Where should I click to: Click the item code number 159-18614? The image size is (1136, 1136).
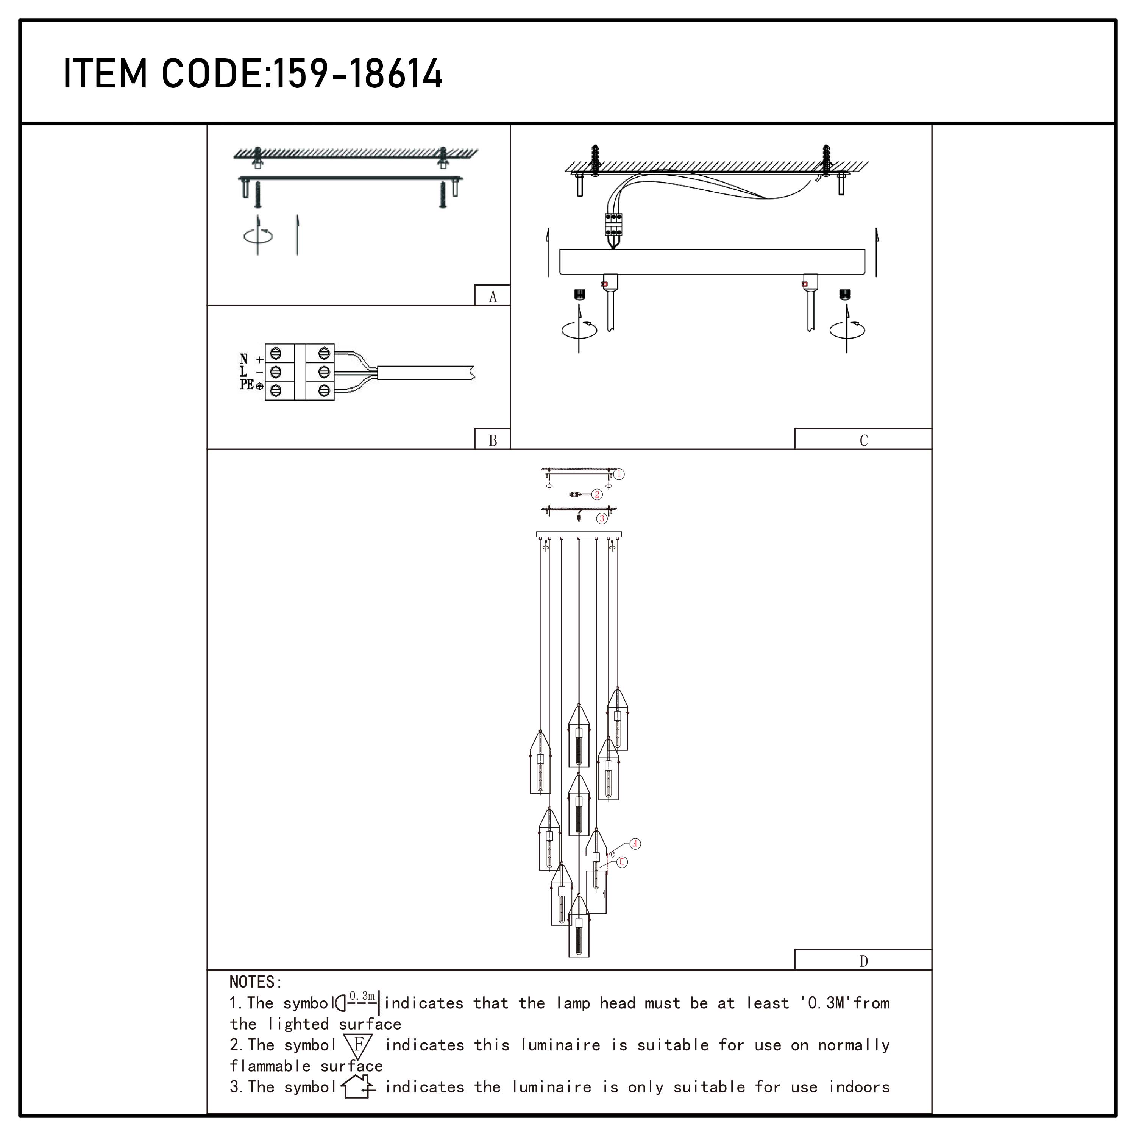coord(358,74)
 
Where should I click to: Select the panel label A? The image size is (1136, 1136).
coord(493,296)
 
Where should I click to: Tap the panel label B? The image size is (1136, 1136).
coord(493,440)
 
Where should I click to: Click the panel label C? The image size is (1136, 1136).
coord(863,440)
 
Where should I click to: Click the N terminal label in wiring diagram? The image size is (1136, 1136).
coord(243,359)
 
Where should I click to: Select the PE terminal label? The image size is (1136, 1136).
coord(247,385)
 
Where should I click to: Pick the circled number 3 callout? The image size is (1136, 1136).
coord(602,519)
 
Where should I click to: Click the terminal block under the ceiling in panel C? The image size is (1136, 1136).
coord(613,224)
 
